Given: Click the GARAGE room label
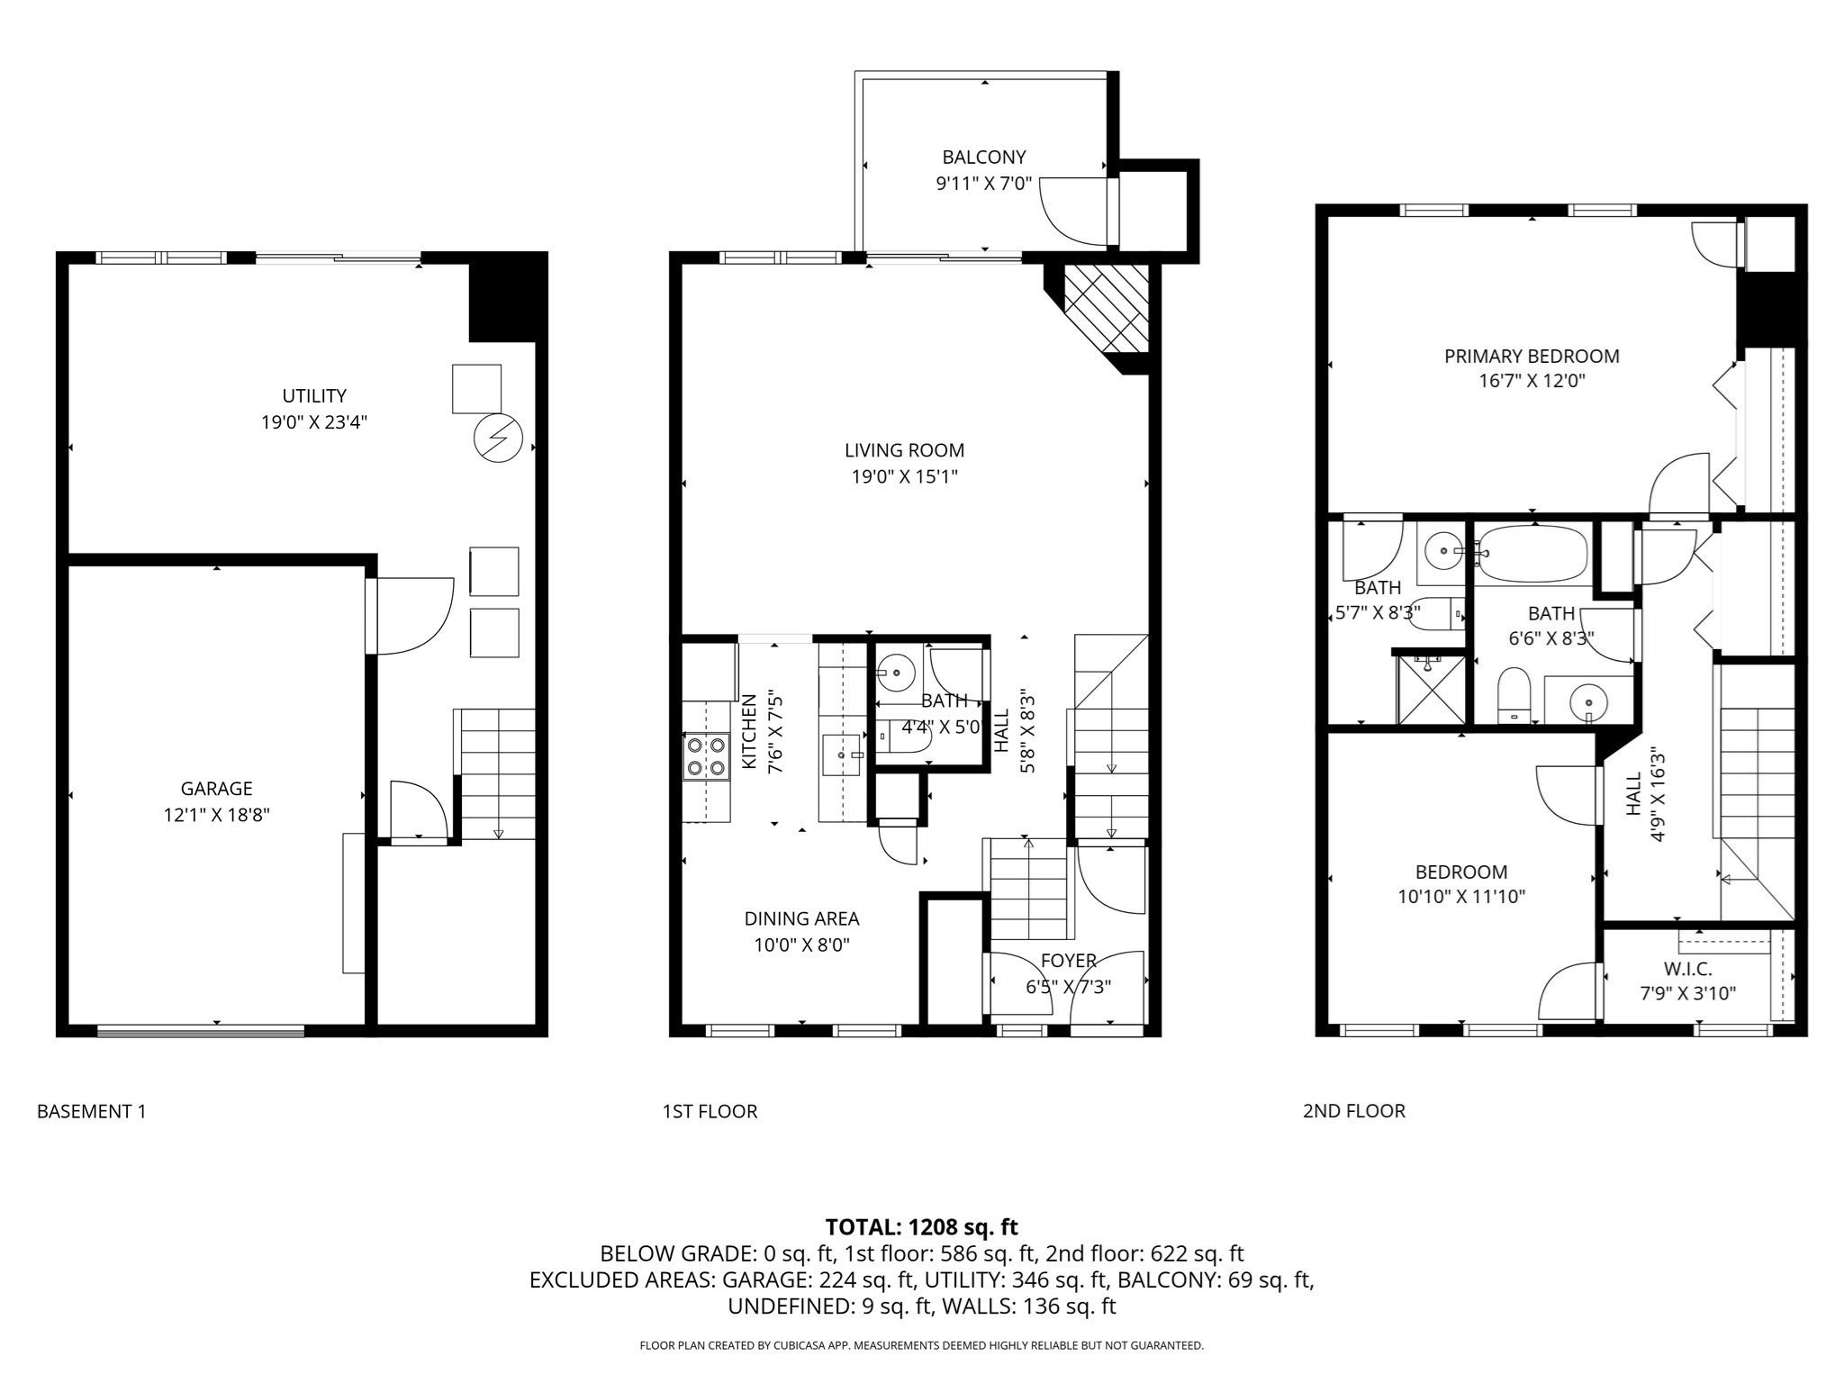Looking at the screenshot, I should (x=216, y=789).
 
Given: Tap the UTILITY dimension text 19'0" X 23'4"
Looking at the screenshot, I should (x=314, y=422).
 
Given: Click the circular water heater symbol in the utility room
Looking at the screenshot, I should (x=498, y=438).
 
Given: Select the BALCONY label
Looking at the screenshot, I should (x=983, y=158).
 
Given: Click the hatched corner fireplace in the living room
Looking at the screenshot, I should (x=1106, y=309).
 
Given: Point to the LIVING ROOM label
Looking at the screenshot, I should (x=904, y=450).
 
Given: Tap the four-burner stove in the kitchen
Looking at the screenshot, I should (x=706, y=756).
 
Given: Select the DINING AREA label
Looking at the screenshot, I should (x=801, y=918).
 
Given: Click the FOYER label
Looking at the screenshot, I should (x=1068, y=961).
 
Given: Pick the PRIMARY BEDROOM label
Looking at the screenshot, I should (x=1532, y=357).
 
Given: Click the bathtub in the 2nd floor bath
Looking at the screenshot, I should (x=1532, y=554).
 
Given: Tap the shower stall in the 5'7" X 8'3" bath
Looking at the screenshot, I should (x=1430, y=690).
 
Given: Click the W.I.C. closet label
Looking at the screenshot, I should (x=1687, y=969).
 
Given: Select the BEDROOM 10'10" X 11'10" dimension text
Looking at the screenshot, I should (x=1461, y=897).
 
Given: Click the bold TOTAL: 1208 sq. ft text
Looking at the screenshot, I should (x=921, y=1226).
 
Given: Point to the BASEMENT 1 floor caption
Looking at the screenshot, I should (x=91, y=1111).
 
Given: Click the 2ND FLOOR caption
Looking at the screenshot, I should (x=1353, y=1111).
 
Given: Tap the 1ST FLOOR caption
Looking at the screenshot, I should (x=710, y=1111).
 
